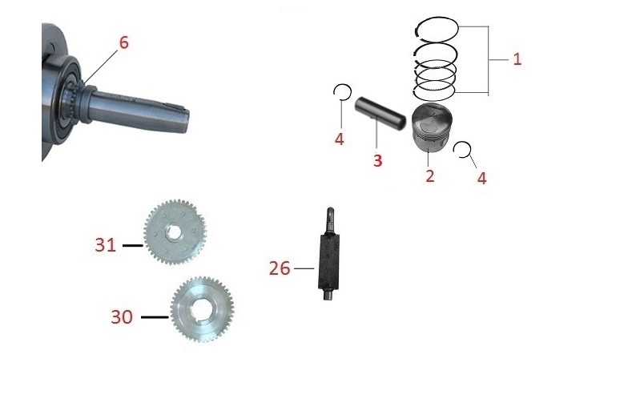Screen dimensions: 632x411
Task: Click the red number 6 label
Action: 123,42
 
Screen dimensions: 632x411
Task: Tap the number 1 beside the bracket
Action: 517,59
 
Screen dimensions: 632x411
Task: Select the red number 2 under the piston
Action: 430,175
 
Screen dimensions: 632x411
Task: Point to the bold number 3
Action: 377,160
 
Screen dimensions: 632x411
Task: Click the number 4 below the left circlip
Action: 340,139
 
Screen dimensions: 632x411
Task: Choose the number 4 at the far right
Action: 482,178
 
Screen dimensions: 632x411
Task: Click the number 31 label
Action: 105,245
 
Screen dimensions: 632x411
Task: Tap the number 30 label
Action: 122,317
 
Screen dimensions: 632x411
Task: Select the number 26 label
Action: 280,268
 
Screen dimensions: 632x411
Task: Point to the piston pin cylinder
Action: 380,114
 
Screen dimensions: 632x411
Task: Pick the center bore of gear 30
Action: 202,309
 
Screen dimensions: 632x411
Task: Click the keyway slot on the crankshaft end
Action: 176,107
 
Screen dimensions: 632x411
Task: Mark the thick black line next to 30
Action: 155,317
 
